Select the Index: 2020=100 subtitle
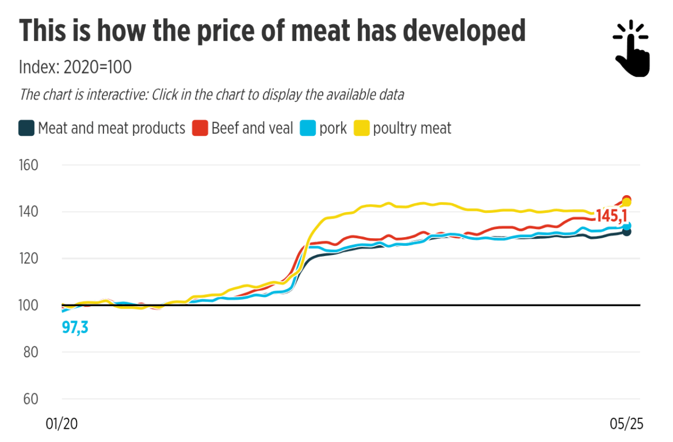[x=75, y=67]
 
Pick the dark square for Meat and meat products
[x=26, y=128]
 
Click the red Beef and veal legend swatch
[x=199, y=128]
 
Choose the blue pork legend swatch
[x=307, y=128]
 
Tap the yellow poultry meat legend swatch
[x=361, y=128]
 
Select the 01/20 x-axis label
[x=61, y=424]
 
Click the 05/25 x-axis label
[x=626, y=424]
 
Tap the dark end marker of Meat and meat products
[x=626, y=231]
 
